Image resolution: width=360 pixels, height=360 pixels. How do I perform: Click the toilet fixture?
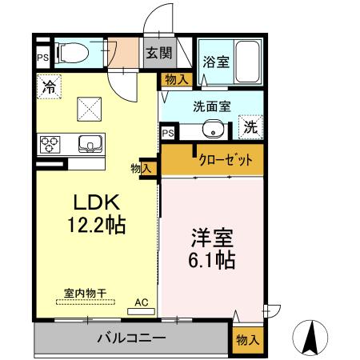[x=73, y=53]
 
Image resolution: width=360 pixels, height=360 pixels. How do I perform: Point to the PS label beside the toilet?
[x=42, y=58]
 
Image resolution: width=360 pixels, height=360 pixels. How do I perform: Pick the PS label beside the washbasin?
[x=169, y=133]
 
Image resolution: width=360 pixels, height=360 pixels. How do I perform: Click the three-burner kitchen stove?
[x=50, y=145]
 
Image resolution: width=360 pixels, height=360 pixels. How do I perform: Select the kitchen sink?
[x=88, y=144]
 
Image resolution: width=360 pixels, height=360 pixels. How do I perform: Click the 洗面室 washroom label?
[x=210, y=104]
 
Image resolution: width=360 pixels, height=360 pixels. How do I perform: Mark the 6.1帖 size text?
[x=212, y=260]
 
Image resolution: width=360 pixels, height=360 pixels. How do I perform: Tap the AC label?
[x=141, y=302]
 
